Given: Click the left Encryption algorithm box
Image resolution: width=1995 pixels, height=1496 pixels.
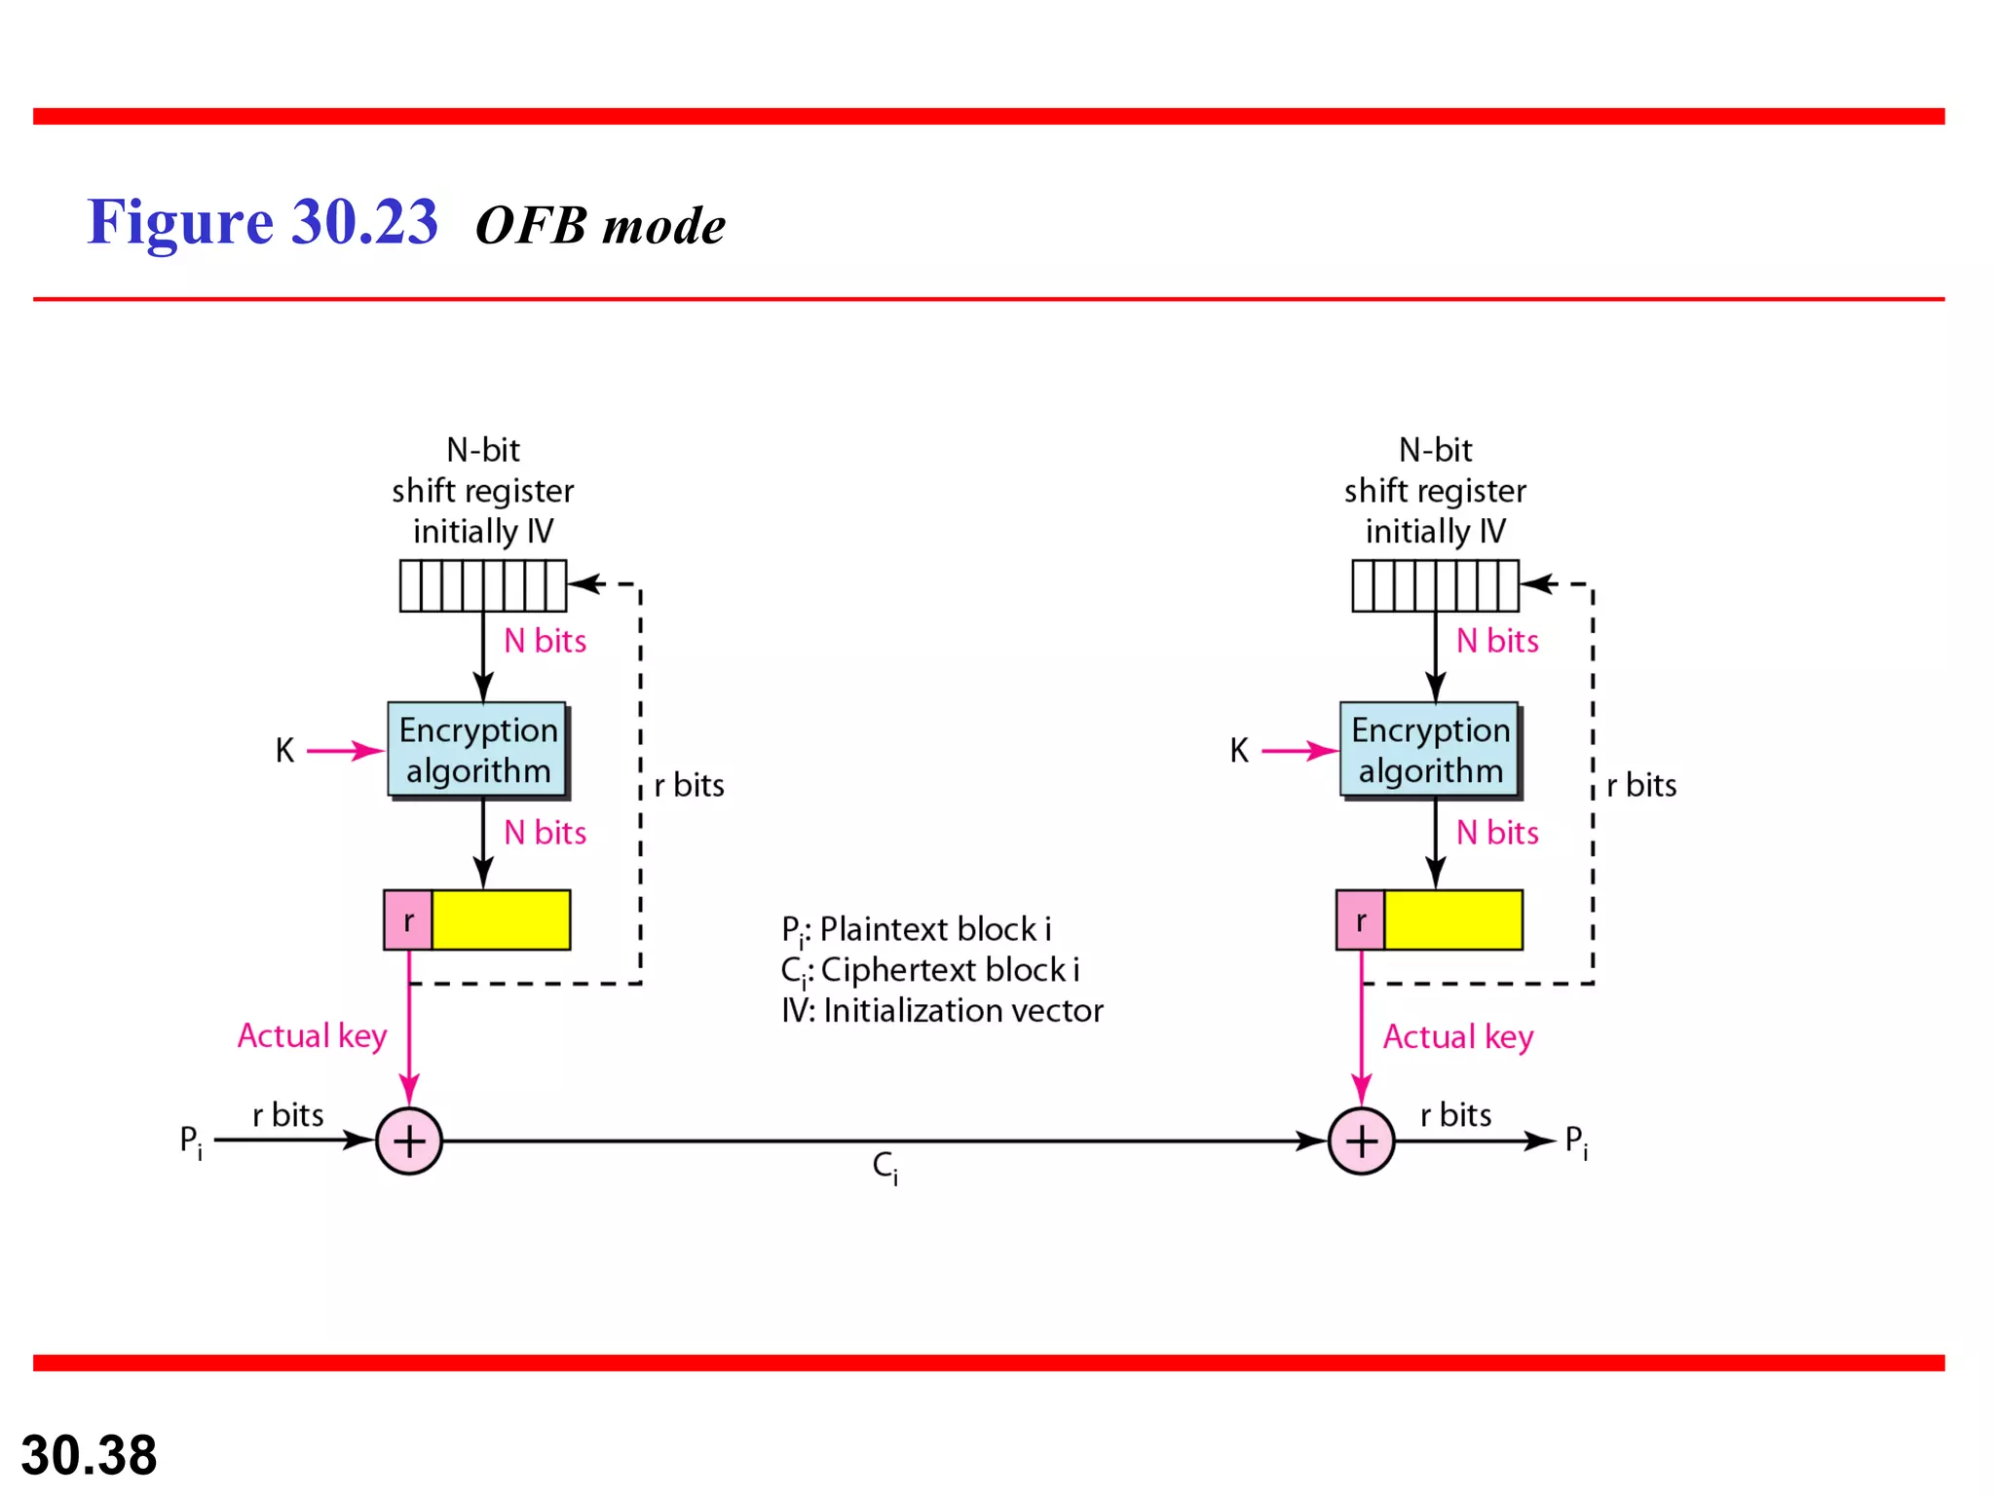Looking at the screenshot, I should [477, 750].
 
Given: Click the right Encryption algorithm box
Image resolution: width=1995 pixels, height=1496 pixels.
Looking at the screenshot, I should [1429, 750].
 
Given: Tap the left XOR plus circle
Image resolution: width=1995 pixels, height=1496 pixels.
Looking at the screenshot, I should [409, 1141].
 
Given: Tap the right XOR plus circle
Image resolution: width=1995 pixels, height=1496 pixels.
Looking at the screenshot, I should [1361, 1141].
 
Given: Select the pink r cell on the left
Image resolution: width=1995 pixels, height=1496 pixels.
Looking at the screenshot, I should [408, 919].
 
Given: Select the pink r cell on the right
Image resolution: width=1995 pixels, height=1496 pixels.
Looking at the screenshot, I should [1360, 919].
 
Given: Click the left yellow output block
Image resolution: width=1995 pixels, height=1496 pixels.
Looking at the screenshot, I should [501, 919].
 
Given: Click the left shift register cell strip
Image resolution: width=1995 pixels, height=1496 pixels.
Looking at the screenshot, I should [482, 585].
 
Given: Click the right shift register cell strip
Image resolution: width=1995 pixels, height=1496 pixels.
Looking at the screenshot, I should [1435, 585].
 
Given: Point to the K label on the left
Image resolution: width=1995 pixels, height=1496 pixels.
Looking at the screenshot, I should [284, 750].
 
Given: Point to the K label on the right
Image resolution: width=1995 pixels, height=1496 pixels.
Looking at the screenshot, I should [1238, 750].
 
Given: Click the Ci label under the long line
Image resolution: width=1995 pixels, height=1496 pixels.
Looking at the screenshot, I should [885, 1166].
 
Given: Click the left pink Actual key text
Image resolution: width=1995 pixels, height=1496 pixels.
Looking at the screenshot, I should [312, 1035].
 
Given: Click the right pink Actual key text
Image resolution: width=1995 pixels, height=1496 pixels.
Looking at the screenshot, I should [1458, 1036].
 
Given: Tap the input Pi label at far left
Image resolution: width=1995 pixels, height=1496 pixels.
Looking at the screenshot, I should [191, 1141].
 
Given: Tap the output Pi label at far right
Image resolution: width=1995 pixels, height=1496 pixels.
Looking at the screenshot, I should [1575, 1141].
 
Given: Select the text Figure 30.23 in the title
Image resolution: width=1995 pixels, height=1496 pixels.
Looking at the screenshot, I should [263, 222].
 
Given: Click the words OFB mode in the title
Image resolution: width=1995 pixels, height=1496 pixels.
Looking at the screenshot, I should [600, 226].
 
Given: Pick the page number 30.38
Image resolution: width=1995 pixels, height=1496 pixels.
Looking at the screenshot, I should [89, 1455].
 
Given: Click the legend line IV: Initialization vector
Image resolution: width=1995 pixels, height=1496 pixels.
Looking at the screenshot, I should [942, 1011].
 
